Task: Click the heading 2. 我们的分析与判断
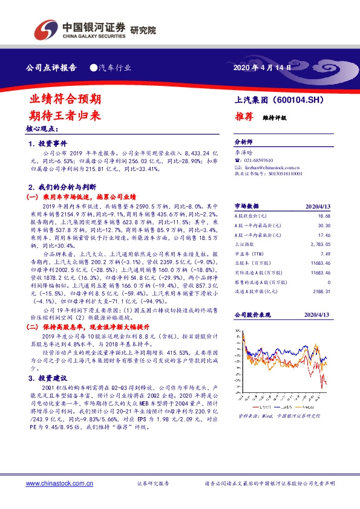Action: point(67,188)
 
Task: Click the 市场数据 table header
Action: point(246,206)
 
